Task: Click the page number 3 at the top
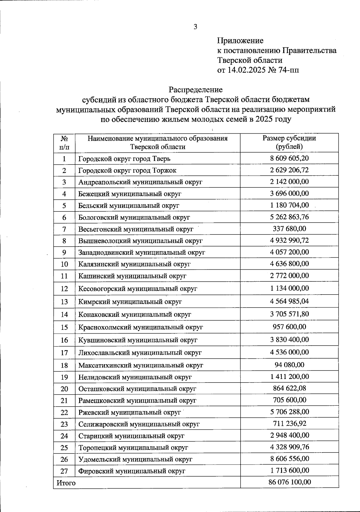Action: point(195,27)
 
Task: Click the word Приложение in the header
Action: point(240,41)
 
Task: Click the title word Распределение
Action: point(195,89)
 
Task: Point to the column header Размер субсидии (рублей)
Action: point(289,142)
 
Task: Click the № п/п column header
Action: point(64,142)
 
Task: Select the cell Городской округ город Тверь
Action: point(124,159)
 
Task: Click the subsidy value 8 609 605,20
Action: point(289,158)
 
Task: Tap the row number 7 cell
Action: point(64,229)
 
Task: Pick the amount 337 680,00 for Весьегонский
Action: point(289,229)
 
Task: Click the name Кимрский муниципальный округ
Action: point(130,302)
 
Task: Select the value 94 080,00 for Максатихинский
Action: point(289,365)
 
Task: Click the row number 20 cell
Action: point(64,389)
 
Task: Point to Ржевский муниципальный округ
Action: point(130,413)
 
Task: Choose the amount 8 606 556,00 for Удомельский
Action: point(289,459)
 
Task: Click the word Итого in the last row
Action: point(66,483)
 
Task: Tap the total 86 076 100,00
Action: point(289,482)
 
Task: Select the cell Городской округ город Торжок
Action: point(127,171)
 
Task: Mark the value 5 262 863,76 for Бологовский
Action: point(289,217)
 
